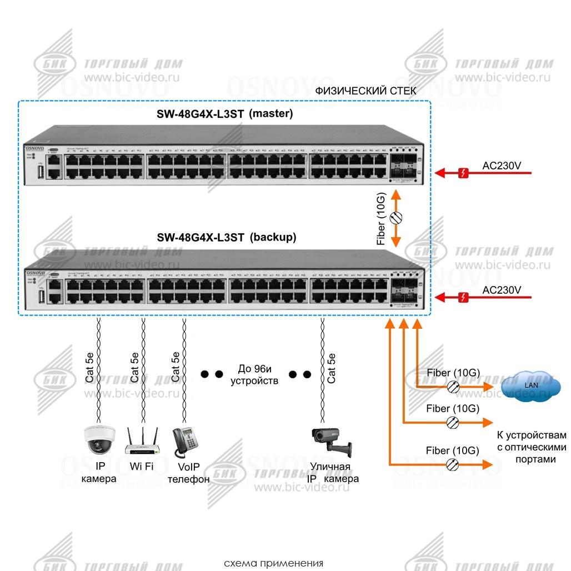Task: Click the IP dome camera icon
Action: click(x=99, y=440)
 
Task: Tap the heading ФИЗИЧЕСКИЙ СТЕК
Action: click(x=365, y=91)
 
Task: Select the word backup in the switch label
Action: click(x=273, y=237)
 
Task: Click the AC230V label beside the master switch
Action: click(x=502, y=166)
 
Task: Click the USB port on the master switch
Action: click(x=41, y=172)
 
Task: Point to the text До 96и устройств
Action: click(x=255, y=374)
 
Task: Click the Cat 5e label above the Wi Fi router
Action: click(x=134, y=367)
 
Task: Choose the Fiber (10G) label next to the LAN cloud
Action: click(x=453, y=373)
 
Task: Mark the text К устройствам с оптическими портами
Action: click(x=532, y=447)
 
